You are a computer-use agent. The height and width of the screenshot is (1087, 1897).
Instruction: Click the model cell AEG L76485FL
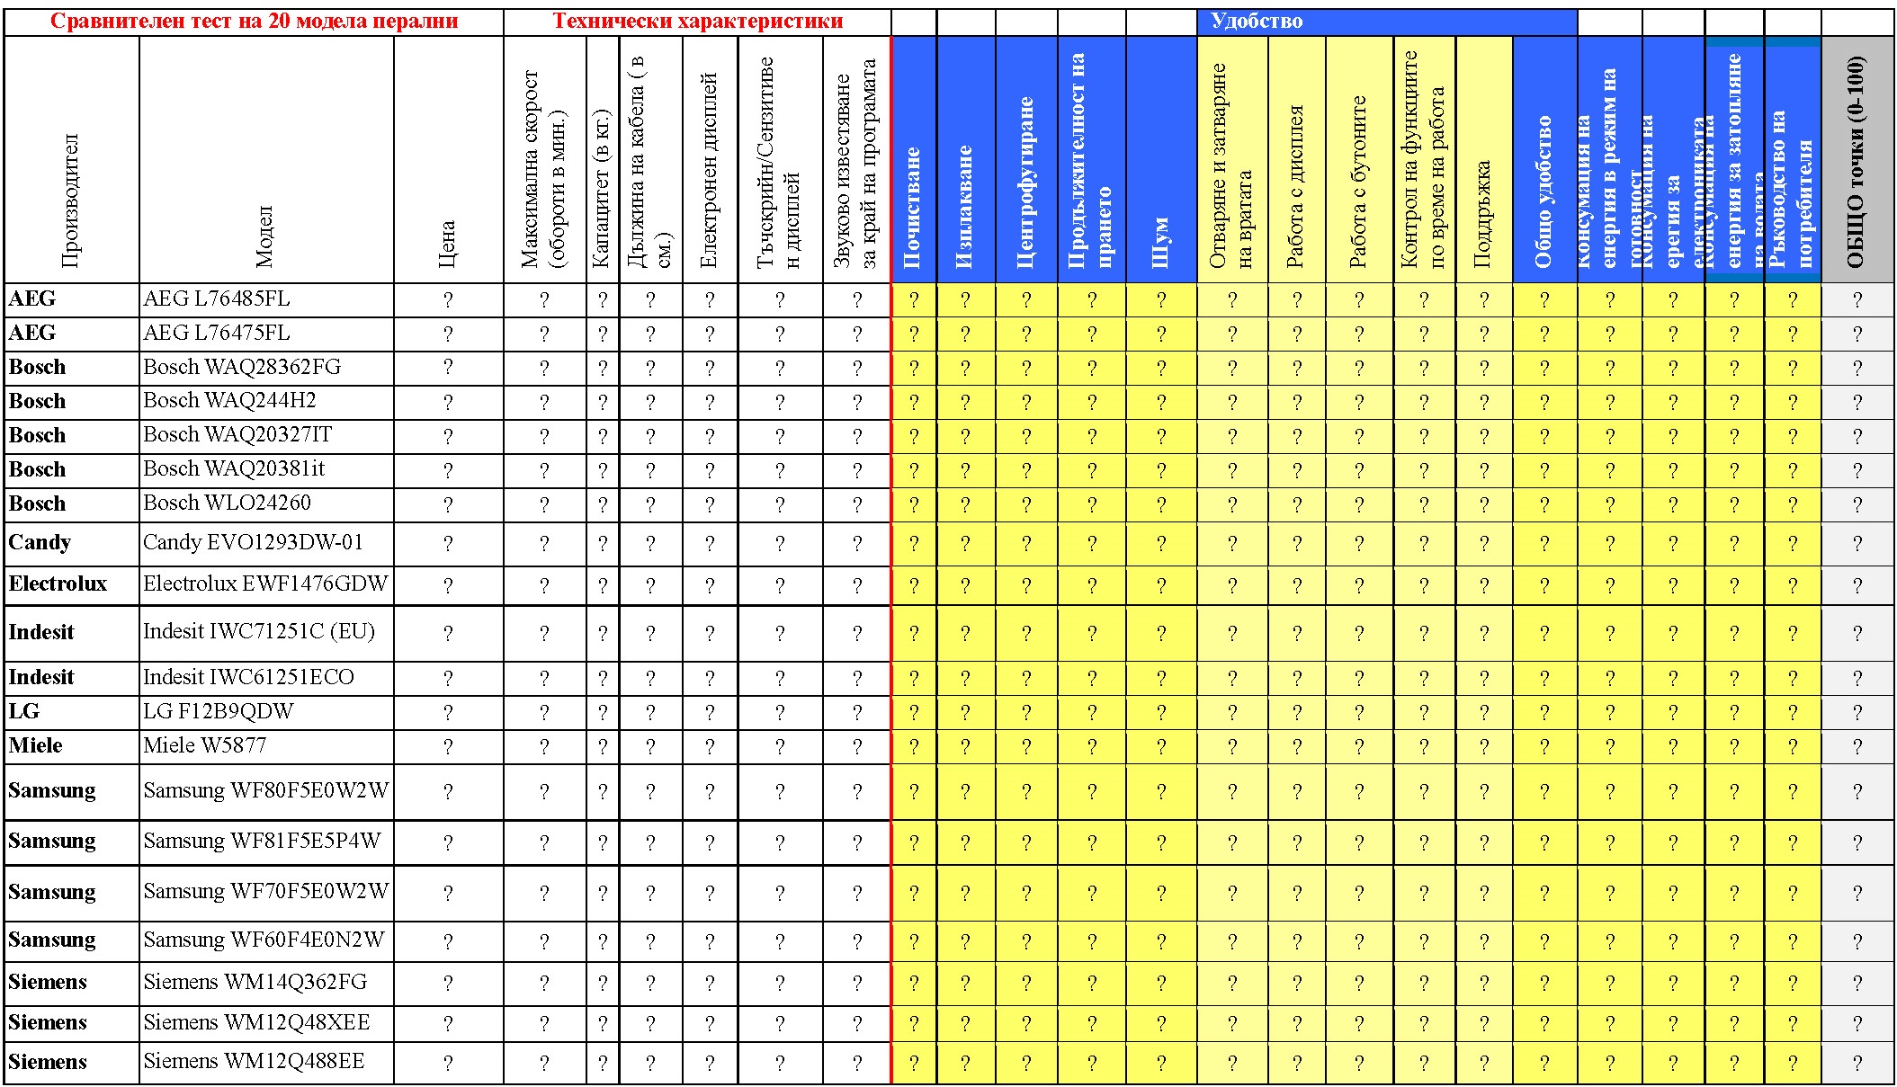(217, 299)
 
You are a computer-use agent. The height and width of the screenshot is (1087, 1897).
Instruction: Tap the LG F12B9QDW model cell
(219, 712)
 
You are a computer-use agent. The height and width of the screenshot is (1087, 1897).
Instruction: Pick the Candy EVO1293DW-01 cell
(253, 543)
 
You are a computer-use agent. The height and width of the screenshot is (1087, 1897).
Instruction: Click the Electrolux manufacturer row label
(58, 584)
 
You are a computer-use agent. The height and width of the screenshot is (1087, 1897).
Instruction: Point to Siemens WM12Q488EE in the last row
(254, 1062)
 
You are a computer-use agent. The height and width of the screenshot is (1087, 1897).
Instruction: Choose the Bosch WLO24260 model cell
(227, 503)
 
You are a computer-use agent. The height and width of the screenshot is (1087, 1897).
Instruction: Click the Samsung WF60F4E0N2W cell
(264, 940)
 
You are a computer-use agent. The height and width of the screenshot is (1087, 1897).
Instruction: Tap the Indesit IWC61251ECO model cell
(248, 678)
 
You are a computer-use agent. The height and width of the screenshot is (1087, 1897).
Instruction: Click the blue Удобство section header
(1256, 22)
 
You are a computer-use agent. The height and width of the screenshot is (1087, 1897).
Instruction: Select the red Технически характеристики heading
(697, 22)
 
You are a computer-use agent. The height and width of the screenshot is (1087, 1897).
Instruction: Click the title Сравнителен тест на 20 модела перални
(254, 22)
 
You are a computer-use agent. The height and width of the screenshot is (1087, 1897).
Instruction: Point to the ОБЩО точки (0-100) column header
(1856, 162)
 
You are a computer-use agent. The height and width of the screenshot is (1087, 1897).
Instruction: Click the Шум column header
(1160, 243)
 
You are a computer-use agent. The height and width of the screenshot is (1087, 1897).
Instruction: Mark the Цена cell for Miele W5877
(448, 747)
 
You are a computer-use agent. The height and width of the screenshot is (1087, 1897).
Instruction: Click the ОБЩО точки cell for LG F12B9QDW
(1857, 713)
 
